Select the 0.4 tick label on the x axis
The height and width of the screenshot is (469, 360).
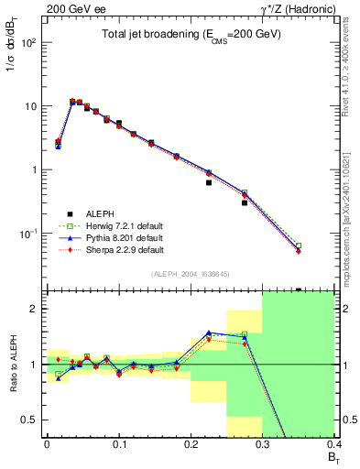333,444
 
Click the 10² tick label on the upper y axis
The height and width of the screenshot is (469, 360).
29,43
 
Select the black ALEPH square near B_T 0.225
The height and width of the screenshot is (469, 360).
209,182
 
